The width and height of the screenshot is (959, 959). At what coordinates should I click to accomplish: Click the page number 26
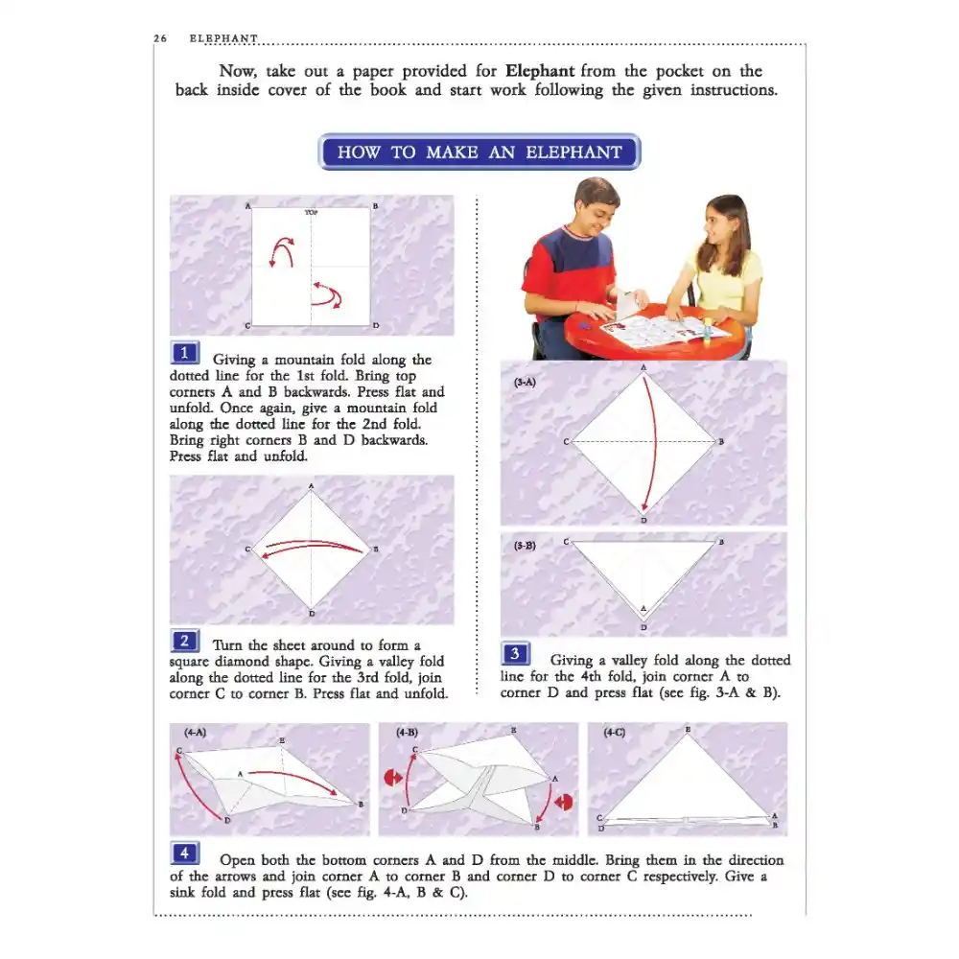tap(160, 38)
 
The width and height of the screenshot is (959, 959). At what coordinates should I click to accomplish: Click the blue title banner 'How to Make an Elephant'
tap(479, 152)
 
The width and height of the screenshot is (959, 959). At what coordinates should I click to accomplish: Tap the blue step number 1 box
tap(185, 353)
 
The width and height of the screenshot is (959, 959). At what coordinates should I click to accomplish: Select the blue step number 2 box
tap(185, 641)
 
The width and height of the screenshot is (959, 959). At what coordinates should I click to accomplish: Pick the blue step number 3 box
tap(515, 654)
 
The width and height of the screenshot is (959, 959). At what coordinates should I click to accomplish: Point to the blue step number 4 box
tap(185, 854)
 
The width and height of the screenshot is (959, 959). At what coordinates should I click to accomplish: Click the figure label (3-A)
tap(525, 383)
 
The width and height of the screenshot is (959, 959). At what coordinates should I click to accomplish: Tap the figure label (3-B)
tap(525, 546)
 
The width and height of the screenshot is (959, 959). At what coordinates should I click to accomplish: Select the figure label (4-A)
tap(195, 732)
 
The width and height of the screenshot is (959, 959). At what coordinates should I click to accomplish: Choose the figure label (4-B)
tap(407, 732)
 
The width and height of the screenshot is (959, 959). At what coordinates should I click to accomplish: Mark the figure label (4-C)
tap(614, 732)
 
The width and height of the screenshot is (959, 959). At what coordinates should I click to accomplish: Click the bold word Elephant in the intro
tap(540, 71)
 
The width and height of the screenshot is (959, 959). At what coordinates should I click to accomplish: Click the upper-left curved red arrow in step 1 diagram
tap(282, 250)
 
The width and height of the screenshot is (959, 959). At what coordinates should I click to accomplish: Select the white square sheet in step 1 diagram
tap(311, 267)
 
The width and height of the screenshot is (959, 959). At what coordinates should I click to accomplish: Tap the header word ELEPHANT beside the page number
tap(223, 38)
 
